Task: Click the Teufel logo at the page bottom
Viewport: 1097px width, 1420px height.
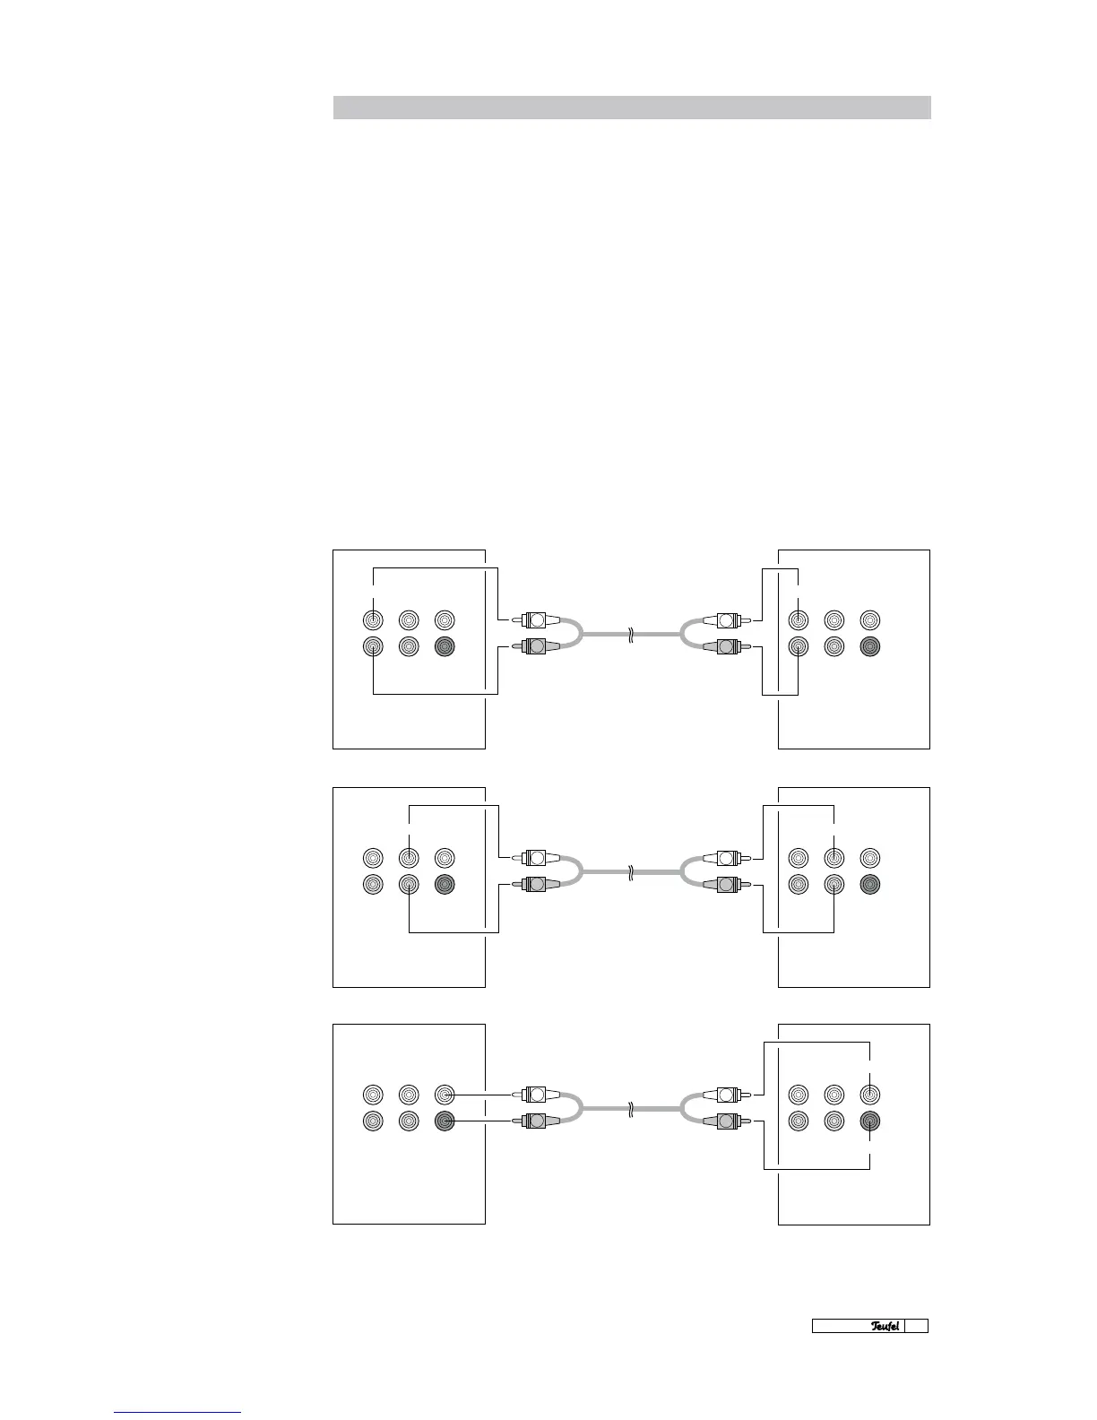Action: (885, 1326)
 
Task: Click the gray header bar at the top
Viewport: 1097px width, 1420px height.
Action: (632, 108)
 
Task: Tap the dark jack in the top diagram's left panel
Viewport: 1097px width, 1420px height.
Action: (445, 646)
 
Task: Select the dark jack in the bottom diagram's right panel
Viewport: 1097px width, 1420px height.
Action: (869, 1121)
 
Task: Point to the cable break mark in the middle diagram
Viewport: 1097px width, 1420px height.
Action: (632, 870)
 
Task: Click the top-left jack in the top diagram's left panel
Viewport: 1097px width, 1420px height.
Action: (373, 619)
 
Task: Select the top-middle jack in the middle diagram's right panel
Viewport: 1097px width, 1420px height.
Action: (834, 858)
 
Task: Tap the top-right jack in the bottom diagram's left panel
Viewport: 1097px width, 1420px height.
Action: (445, 1094)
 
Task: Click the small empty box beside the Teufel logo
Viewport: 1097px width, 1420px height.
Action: (916, 1326)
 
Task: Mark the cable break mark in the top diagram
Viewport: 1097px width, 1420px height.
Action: (632, 633)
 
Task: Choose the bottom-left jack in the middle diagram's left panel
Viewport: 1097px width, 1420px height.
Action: (373, 885)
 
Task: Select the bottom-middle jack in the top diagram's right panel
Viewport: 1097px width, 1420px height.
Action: (834, 646)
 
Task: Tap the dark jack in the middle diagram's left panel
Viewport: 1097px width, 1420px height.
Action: (445, 885)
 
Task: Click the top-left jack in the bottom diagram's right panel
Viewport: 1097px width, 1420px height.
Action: (798, 1094)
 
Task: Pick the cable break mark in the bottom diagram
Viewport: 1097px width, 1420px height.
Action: (632, 1107)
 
